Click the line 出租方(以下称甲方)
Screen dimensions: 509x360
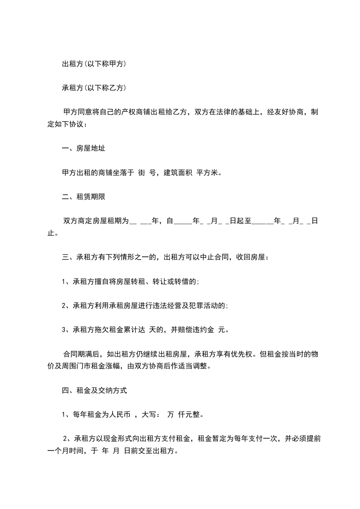pos(94,64)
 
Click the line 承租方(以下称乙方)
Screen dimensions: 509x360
pos(94,88)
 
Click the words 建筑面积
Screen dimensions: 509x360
pos(177,172)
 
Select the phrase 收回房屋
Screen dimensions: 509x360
pos(251,257)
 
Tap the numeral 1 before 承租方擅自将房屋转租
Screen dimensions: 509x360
pos(64,282)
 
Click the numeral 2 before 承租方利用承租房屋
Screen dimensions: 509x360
pos(64,306)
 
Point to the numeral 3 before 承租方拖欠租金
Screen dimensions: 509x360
pos(64,330)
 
